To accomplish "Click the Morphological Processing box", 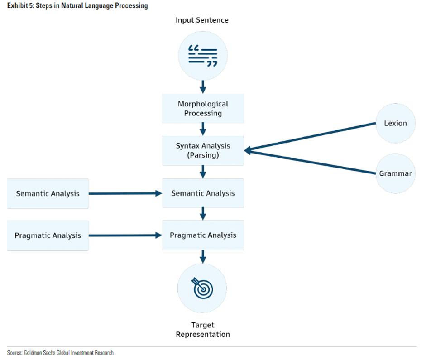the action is (x=203, y=109).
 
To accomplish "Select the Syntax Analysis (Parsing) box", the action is (x=203, y=150).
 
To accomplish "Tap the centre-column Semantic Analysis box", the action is (x=203, y=193).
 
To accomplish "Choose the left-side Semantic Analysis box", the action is (x=48, y=193).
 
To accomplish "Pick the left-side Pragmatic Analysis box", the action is (x=48, y=235).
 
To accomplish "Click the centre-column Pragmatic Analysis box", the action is (x=203, y=235).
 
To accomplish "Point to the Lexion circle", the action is (x=395, y=123).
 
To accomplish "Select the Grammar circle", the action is (x=395, y=173).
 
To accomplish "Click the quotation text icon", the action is (x=203, y=56).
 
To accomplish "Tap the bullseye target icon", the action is (x=203, y=288).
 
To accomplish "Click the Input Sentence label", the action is (x=202, y=20).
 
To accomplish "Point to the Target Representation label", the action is (x=203, y=330).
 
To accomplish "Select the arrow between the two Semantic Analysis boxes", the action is (x=125, y=193).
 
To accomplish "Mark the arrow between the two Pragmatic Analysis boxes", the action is (x=125, y=235).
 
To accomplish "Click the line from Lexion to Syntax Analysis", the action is (x=310, y=137).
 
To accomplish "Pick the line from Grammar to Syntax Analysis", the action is (x=310, y=162).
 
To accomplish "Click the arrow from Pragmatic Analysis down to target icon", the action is (x=203, y=256).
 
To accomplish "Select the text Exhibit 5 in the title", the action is (x=20, y=6).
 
